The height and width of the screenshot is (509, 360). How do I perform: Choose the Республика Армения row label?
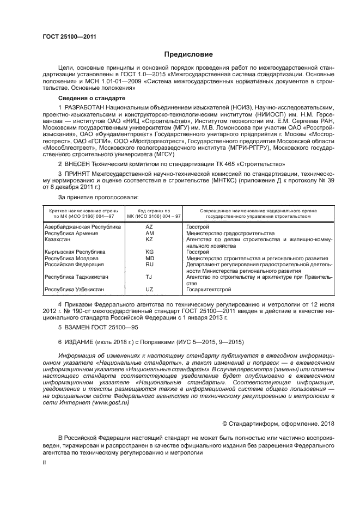pos(71,233)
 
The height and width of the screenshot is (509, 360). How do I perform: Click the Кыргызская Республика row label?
pos(75,252)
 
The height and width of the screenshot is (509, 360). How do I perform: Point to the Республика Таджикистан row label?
pos(76,277)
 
